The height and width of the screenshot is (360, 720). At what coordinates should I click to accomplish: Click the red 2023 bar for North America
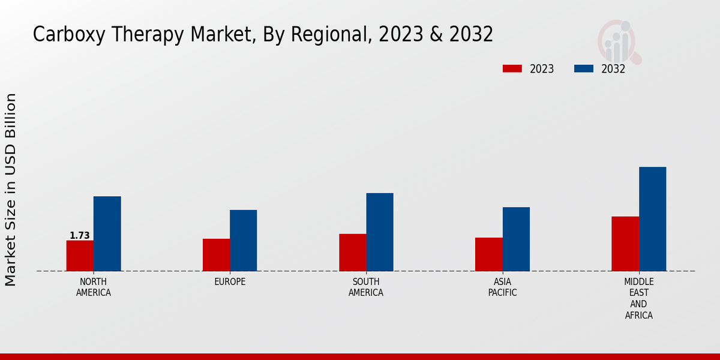point(80,256)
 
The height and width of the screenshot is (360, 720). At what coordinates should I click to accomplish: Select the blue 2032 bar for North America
point(107,233)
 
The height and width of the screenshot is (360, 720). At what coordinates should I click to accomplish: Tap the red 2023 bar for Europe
point(216,255)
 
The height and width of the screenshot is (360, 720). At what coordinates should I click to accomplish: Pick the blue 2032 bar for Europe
point(243,240)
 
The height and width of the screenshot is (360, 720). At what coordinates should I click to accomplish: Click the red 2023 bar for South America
point(352,252)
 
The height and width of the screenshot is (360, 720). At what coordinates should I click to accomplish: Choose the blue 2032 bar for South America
point(380,232)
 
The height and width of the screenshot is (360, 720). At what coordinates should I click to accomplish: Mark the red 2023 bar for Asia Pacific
point(488,254)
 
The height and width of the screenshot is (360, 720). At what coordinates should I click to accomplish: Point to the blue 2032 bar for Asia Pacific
point(516,239)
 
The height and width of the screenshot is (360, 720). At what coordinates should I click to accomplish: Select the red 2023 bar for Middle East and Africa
point(625,244)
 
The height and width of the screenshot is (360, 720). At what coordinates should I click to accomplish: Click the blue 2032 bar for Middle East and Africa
point(652,219)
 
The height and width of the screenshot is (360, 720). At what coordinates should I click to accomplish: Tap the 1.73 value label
point(80,236)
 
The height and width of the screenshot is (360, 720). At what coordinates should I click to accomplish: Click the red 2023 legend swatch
point(512,69)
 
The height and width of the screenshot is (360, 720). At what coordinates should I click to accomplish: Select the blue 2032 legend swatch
point(583,69)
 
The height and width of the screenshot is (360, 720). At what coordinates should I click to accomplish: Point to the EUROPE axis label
point(230,282)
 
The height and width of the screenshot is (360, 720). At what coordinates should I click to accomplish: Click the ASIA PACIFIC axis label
point(502,287)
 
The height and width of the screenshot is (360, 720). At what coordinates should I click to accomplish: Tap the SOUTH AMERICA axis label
point(366,287)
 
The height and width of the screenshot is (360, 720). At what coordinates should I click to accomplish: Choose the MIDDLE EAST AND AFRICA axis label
point(638,298)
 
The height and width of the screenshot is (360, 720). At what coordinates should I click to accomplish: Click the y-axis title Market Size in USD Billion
point(11,190)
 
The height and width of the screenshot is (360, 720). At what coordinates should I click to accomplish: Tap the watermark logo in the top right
point(619,41)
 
